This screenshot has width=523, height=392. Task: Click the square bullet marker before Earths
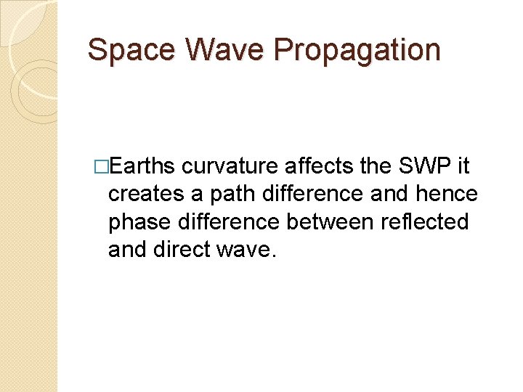coord(101,167)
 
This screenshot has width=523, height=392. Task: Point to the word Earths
coord(142,167)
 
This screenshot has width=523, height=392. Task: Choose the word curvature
coord(230,167)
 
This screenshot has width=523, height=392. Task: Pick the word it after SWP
coord(463,167)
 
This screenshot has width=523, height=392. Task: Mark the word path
coord(223,195)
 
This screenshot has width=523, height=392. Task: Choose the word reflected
coord(425,222)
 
